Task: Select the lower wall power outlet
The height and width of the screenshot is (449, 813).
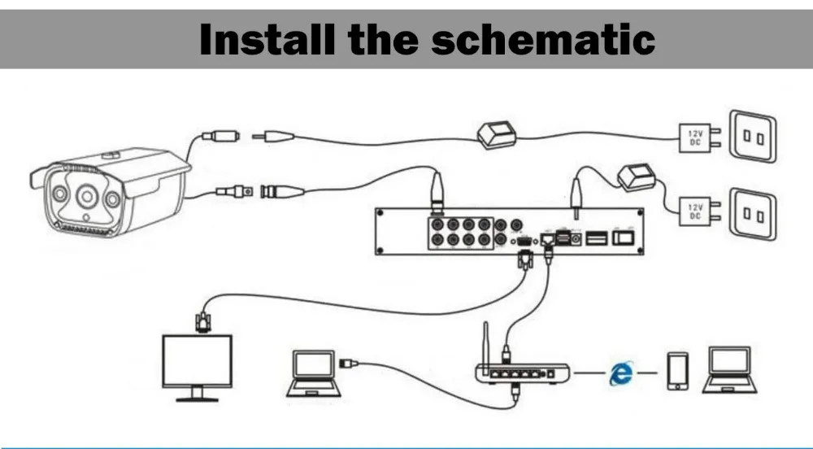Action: pos(752,213)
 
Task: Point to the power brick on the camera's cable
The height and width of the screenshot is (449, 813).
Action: pos(497,135)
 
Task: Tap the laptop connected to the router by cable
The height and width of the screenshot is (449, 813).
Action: pos(312,372)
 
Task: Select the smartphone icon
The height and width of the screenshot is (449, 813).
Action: pos(677,371)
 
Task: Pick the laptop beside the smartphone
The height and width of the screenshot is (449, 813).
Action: pos(729,369)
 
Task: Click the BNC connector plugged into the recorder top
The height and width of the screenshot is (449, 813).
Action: pos(437,196)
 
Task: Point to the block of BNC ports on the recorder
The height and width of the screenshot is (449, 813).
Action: pos(461,232)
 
